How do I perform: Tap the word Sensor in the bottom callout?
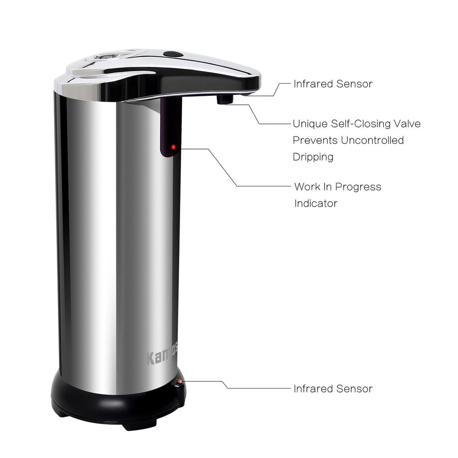coord(354,389)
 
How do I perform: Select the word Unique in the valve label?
coord(310,124)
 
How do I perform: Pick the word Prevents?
coord(315,140)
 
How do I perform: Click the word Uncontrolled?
coord(372,140)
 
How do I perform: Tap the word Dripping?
coord(313,157)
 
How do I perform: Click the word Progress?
coord(358,187)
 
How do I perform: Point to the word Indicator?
coord(316,203)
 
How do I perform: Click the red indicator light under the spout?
coord(173,147)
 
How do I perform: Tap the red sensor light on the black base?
coord(179,382)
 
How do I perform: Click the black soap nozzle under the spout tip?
coord(225,99)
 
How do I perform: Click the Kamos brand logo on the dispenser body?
coord(162,356)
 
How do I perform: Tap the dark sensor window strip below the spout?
coord(170,127)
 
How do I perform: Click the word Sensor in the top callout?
coord(354,84)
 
